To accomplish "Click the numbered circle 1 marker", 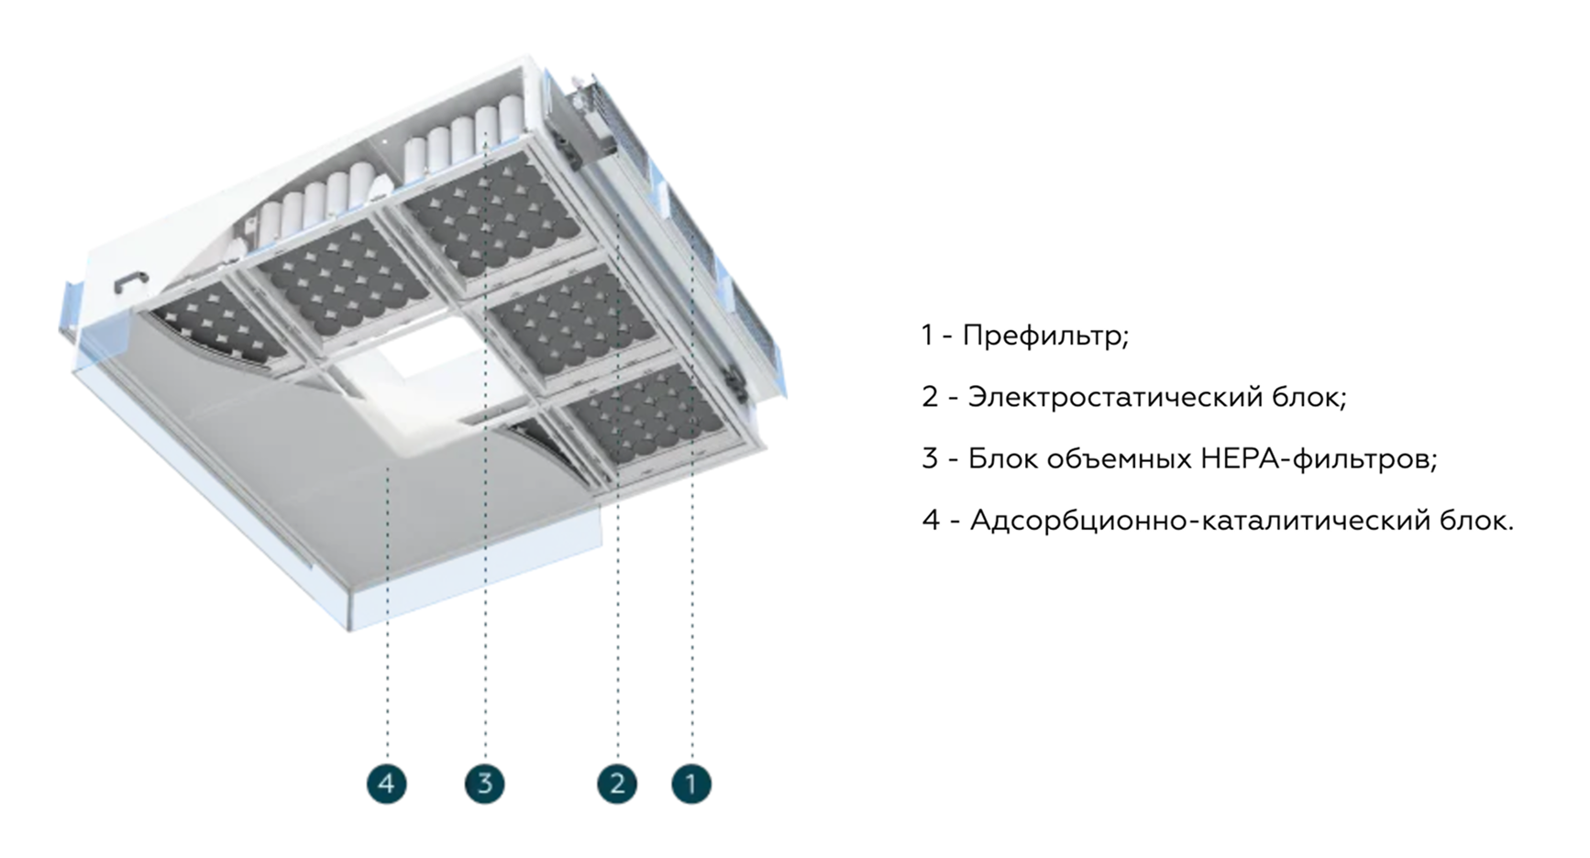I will [691, 784].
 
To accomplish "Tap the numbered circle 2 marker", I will [617, 784].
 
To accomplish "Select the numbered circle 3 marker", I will [485, 784].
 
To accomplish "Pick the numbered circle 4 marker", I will [386, 784].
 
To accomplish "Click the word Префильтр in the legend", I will [1044, 335].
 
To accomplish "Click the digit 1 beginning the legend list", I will [927, 335].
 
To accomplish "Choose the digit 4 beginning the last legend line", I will [931, 521].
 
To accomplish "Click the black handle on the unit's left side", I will [131, 280].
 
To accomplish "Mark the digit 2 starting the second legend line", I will [930, 397].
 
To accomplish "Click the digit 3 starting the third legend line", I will [930, 458].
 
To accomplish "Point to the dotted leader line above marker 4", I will [387, 623].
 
